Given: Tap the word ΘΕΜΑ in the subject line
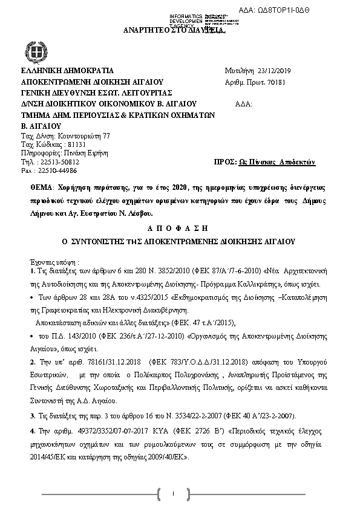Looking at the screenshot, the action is pos(41,189).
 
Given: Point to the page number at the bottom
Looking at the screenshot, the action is pos(173,494).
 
